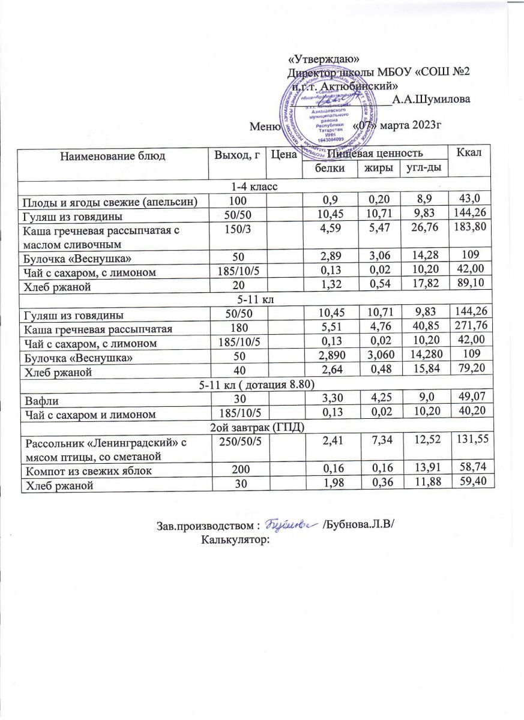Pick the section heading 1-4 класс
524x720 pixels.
pos(256,187)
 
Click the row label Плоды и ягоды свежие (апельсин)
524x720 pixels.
pos(109,200)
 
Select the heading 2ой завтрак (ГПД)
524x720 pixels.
pos(256,427)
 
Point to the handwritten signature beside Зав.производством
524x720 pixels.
pos(291,524)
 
